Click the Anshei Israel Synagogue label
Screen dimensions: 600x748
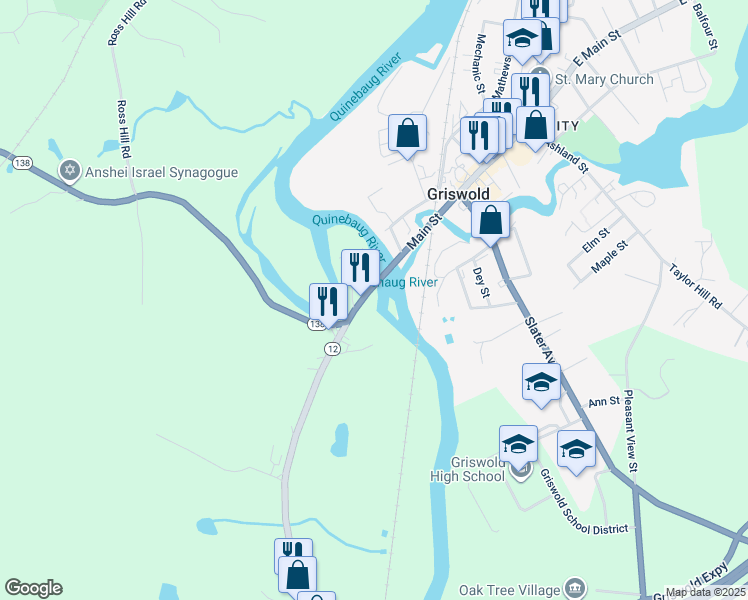coord(162,172)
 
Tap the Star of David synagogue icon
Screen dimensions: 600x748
coord(70,172)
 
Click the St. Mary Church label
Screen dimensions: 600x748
coord(604,79)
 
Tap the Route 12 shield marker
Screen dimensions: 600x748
coord(332,347)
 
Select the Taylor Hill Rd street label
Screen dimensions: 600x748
coord(695,287)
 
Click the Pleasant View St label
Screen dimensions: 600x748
coord(631,431)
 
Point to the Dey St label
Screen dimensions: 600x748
coord(478,283)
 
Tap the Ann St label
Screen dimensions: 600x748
coord(604,402)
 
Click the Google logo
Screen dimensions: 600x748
coord(33,588)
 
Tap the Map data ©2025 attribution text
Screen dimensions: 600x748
coord(705,592)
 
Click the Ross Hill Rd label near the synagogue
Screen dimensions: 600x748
coord(125,131)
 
